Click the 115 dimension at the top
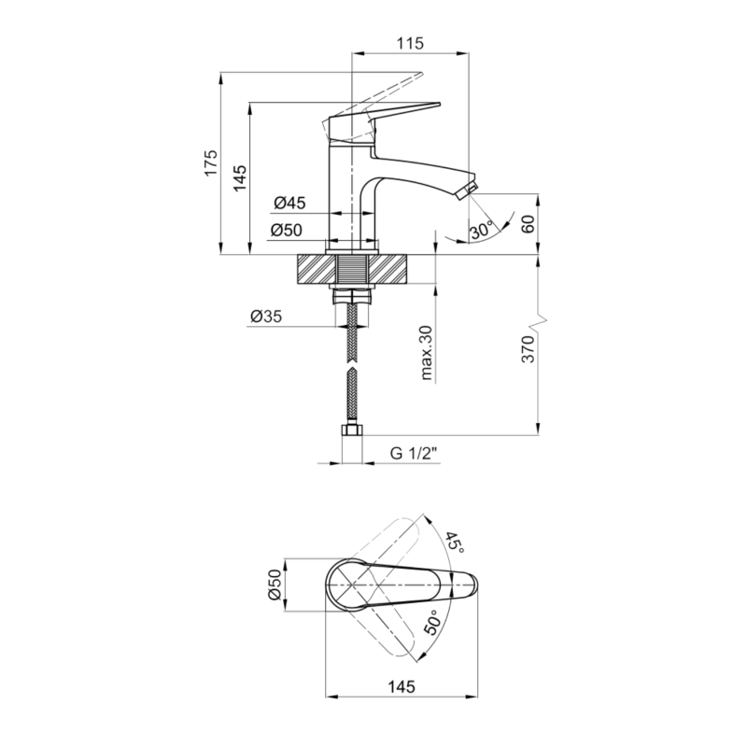tap(410, 43)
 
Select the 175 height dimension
tap(211, 162)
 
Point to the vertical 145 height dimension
tap(240, 177)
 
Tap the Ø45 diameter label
tap(289, 203)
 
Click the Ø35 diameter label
tap(266, 316)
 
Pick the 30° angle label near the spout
tap(482, 231)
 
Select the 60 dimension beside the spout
tap(528, 223)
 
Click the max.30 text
tap(427, 353)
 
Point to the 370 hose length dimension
tap(528, 349)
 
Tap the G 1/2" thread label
tap(414, 453)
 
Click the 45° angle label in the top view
tap(455, 543)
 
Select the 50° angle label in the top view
tap(432, 622)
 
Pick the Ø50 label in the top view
tap(275, 585)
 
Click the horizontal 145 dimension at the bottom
tap(402, 686)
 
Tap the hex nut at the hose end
tap(352, 430)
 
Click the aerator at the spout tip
tap(465, 191)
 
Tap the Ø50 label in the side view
tap(287, 230)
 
